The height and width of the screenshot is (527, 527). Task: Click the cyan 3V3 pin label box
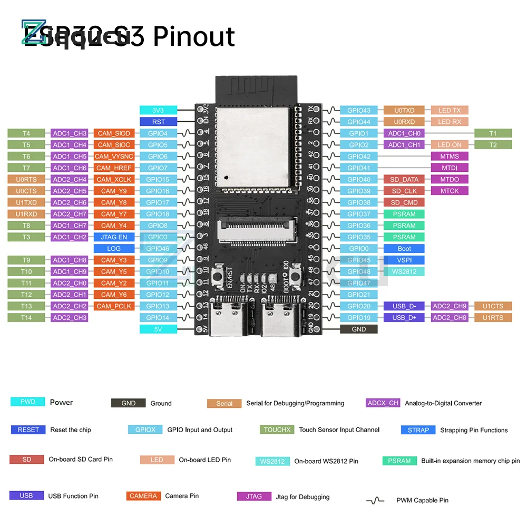pyautogui.click(x=158, y=110)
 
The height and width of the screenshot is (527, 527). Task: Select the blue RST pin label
pyautogui.click(x=158, y=122)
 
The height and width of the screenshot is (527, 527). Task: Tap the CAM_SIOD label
pyautogui.click(x=114, y=133)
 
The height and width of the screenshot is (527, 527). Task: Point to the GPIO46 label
pyautogui.click(x=158, y=248)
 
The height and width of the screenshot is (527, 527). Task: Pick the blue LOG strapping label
pyautogui.click(x=114, y=248)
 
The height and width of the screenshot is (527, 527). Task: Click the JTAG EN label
pyautogui.click(x=114, y=237)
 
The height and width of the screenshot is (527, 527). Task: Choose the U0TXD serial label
pyautogui.click(x=404, y=110)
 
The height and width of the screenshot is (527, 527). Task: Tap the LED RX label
pyautogui.click(x=450, y=122)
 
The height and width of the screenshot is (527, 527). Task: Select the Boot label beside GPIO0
pyautogui.click(x=404, y=248)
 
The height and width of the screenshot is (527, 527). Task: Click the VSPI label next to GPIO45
pyautogui.click(x=404, y=260)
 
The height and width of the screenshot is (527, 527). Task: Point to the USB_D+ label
pyautogui.click(x=404, y=317)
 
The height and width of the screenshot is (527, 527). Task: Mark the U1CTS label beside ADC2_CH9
pyautogui.click(x=493, y=306)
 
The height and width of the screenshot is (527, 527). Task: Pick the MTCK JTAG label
pyautogui.click(x=450, y=191)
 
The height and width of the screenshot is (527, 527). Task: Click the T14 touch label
pyautogui.click(x=26, y=317)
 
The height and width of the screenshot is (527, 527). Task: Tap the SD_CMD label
pyautogui.click(x=404, y=202)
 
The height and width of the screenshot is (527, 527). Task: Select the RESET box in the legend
pyautogui.click(x=28, y=430)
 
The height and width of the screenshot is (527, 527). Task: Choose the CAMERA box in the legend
pyautogui.click(x=143, y=496)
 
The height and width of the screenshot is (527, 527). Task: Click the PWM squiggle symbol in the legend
pyautogui.click(x=375, y=500)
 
